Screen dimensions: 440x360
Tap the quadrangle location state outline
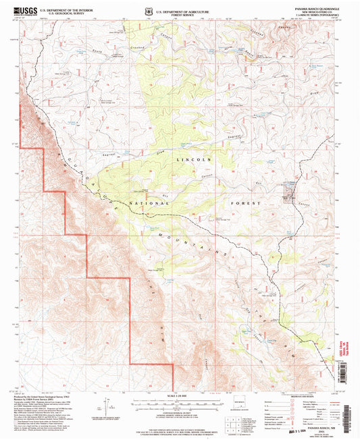click(240, 407)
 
